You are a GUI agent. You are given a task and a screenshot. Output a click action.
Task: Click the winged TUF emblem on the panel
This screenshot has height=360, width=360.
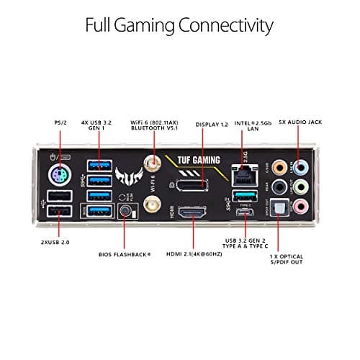[x=131, y=178]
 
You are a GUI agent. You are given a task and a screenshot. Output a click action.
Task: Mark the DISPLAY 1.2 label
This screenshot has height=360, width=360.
[x=212, y=125]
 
